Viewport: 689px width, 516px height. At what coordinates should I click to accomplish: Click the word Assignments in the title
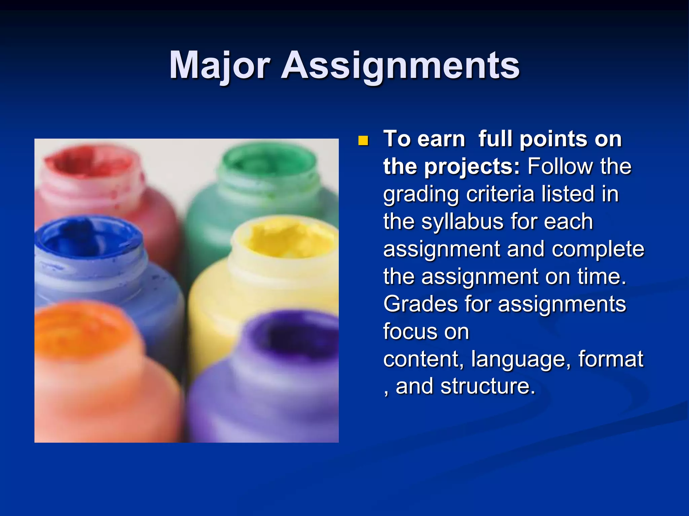click(400, 66)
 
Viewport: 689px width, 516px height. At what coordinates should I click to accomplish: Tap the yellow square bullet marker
click(363, 140)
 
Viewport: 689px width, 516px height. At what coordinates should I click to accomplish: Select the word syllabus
click(463, 222)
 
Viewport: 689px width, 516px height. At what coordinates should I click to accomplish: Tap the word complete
click(598, 249)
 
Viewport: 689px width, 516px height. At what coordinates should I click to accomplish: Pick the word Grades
click(421, 304)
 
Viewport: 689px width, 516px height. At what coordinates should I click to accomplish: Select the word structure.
click(487, 386)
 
